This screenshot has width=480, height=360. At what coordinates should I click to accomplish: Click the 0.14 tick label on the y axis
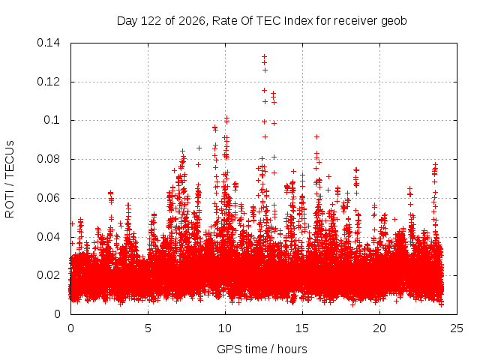(x=48, y=43)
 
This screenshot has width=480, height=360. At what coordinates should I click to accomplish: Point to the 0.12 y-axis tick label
(x=48, y=82)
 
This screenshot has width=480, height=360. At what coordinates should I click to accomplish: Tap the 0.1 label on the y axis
(x=52, y=120)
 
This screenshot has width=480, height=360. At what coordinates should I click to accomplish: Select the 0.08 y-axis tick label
(x=48, y=159)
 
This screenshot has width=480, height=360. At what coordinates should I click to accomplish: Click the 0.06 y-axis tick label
(x=48, y=198)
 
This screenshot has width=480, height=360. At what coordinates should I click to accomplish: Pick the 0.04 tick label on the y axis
(x=48, y=237)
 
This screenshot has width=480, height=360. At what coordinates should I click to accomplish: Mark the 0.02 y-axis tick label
(x=48, y=275)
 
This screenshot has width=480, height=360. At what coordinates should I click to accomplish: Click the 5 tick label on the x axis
(x=148, y=328)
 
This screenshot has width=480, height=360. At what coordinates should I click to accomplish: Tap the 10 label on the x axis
(x=225, y=328)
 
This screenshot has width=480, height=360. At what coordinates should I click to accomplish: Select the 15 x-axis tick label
(x=302, y=328)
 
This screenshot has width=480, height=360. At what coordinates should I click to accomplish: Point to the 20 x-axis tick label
(x=379, y=328)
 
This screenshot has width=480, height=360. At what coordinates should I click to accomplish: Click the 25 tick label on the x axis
(x=457, y=328)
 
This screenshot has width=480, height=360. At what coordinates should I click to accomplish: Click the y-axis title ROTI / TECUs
(x=10, y=179)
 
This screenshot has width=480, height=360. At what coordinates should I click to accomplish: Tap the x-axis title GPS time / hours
(x=262, y=349)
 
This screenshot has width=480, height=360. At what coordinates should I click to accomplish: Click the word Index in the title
(x=298, y=21)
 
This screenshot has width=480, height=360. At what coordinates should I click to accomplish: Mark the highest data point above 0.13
(x=265, y=56)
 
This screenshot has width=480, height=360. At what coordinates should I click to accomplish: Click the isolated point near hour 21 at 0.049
(x=395, y=219)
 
